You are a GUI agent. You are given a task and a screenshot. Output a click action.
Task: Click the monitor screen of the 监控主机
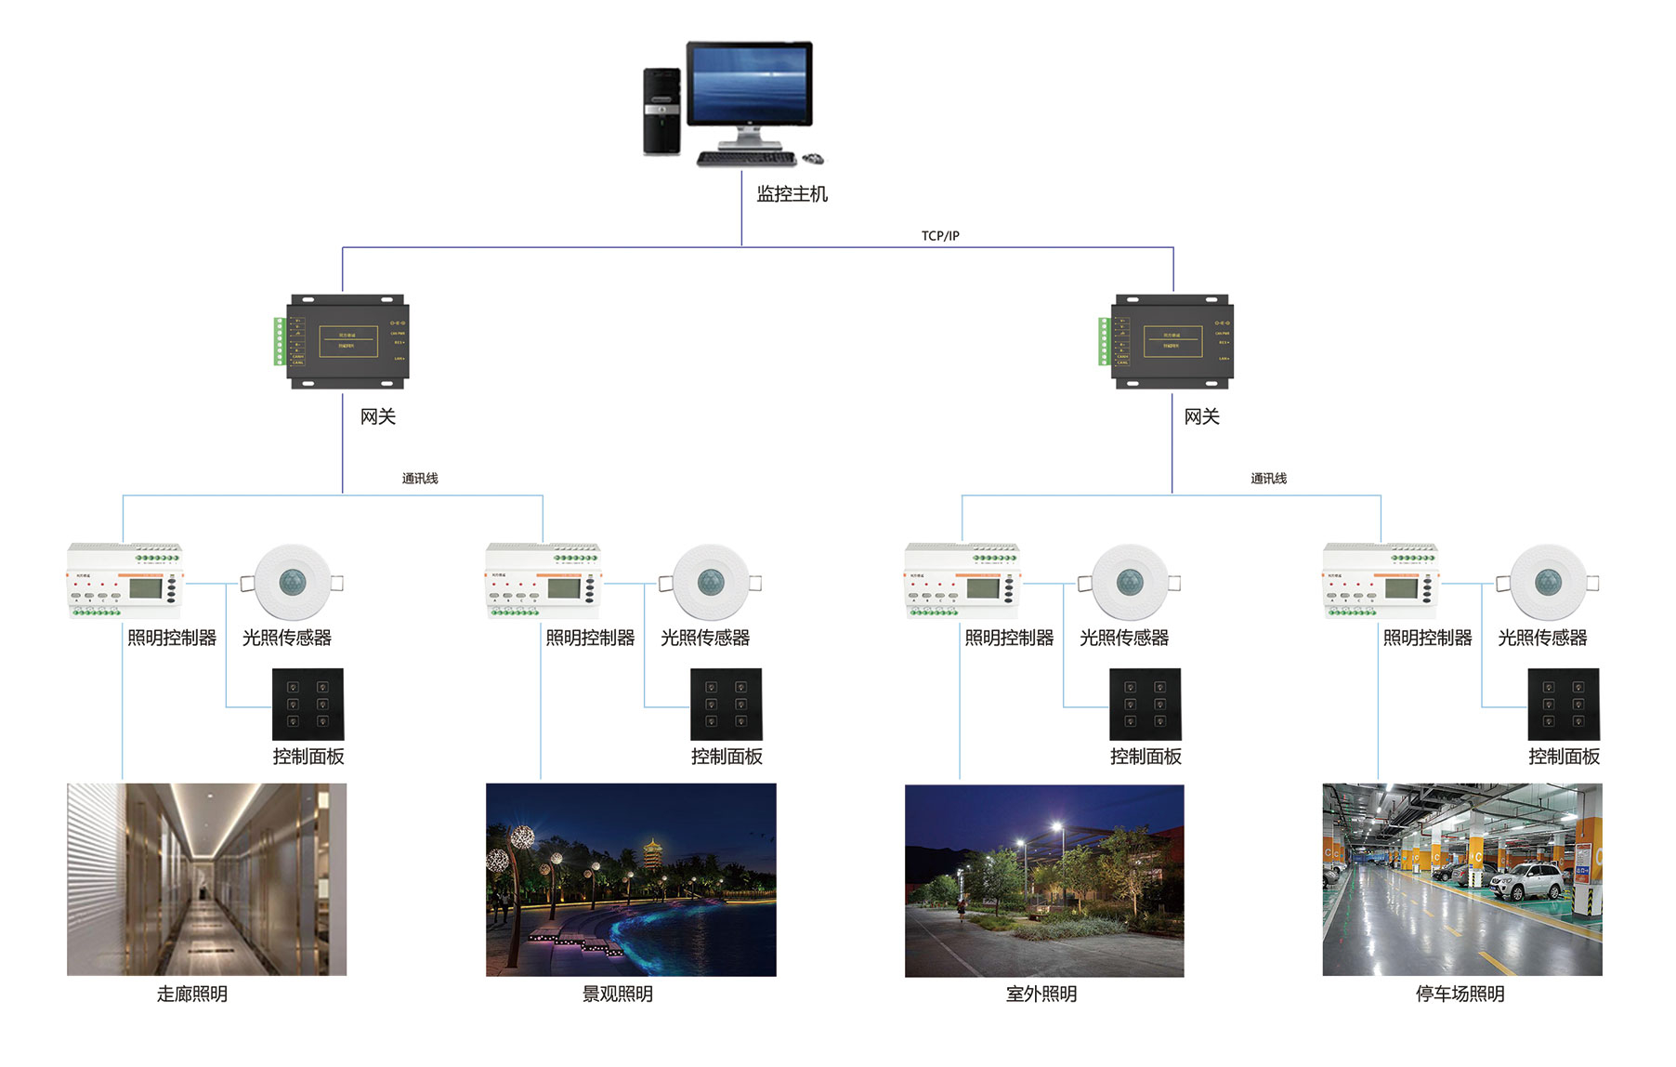point(749,82)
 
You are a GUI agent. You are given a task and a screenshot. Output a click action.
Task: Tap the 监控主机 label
point(792,194)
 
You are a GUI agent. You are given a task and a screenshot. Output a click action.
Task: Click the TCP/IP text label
point(940,236)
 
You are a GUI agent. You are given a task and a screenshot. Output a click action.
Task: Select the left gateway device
point(347,341)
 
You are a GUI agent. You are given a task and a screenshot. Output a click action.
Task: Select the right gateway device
point(1172,341)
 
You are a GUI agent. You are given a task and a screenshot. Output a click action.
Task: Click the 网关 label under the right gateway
point(1201,417)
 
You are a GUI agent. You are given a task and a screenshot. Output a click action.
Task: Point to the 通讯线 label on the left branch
point(420,479)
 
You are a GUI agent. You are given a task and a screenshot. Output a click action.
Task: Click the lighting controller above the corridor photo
point(124,581)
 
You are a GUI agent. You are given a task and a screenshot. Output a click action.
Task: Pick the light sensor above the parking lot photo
point(1548,583)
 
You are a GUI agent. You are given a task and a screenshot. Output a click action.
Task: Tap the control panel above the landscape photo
point(726,705)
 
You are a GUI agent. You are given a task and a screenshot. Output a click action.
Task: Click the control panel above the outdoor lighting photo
point(1145,705)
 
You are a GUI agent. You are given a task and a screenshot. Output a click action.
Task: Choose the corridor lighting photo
point(206,879)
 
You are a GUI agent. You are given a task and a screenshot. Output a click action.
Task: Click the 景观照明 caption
point(618,995)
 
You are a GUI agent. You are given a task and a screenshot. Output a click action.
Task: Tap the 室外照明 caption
point(1041,995)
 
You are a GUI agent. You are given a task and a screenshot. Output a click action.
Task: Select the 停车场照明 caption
point(1460,995)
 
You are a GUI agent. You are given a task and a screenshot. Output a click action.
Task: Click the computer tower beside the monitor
point(661,112)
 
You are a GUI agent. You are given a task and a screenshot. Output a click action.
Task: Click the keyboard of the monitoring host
point(740,159)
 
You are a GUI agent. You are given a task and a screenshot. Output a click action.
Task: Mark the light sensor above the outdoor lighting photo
point(1129,583)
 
